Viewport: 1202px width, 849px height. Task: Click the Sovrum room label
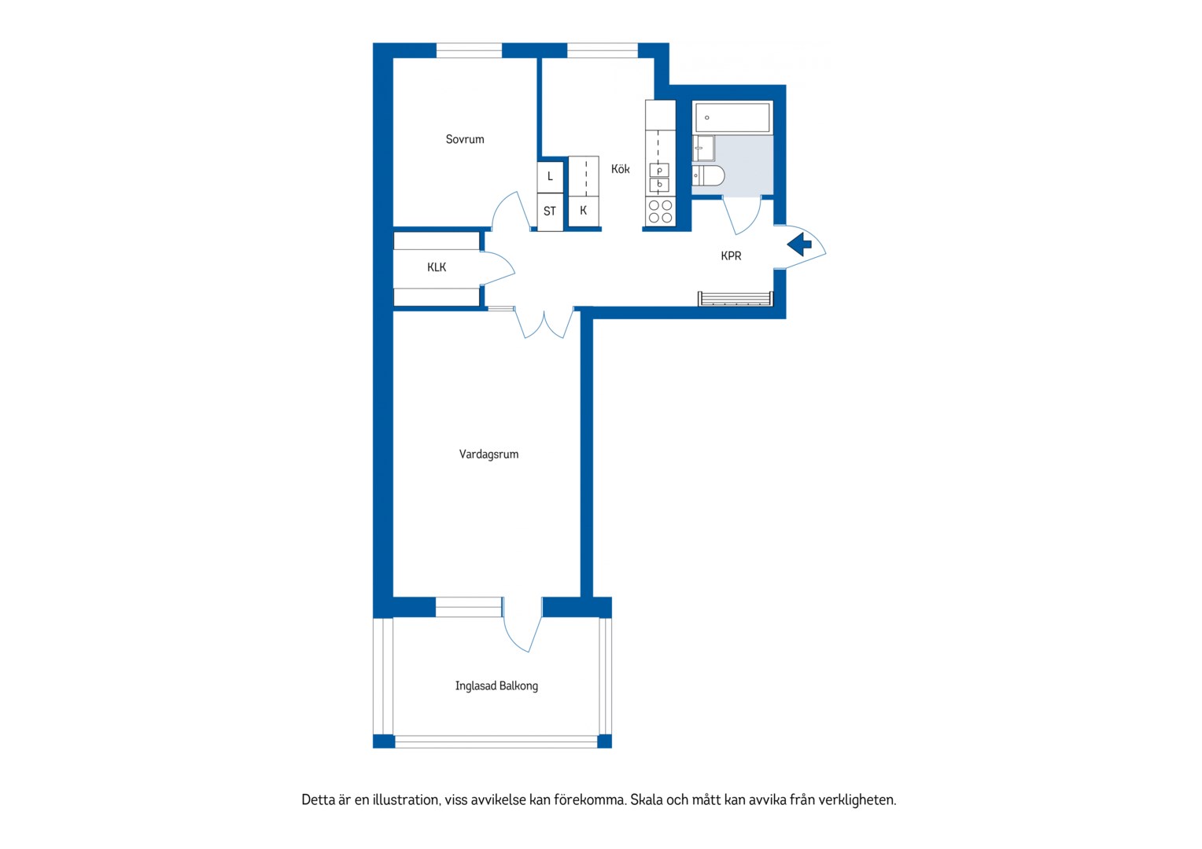(x=465, y=139)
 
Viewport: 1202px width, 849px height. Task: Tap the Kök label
(x=621, y=169)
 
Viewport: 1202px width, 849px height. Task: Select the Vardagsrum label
(x=489, y=454)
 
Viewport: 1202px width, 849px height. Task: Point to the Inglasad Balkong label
(x=496, y=685)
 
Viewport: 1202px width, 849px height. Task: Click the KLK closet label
(x=437, y=267)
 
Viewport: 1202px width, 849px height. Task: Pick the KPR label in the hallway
(x=731, y=255)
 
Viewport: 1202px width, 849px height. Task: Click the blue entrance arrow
(x=799, y=244)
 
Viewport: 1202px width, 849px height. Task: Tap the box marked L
(x=550, y=176)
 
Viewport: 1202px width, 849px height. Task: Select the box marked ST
(x=550, y=211)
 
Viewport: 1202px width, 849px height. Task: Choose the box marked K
(x=583, y=211)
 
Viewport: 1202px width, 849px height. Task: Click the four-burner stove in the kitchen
(x=661, y=211)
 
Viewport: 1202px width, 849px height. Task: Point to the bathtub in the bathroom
(x=732, y=117)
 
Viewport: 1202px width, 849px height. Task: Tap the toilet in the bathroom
(x=708, y=175)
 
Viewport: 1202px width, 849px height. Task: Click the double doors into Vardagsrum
(x=544, y=323)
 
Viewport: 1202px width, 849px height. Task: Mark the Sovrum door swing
(x=511, y=211)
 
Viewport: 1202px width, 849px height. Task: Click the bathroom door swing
(x=742, y=215)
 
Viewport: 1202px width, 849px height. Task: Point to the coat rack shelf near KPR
(x=736, y=299)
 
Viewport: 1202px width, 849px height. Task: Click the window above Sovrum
(x=469, y=50)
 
